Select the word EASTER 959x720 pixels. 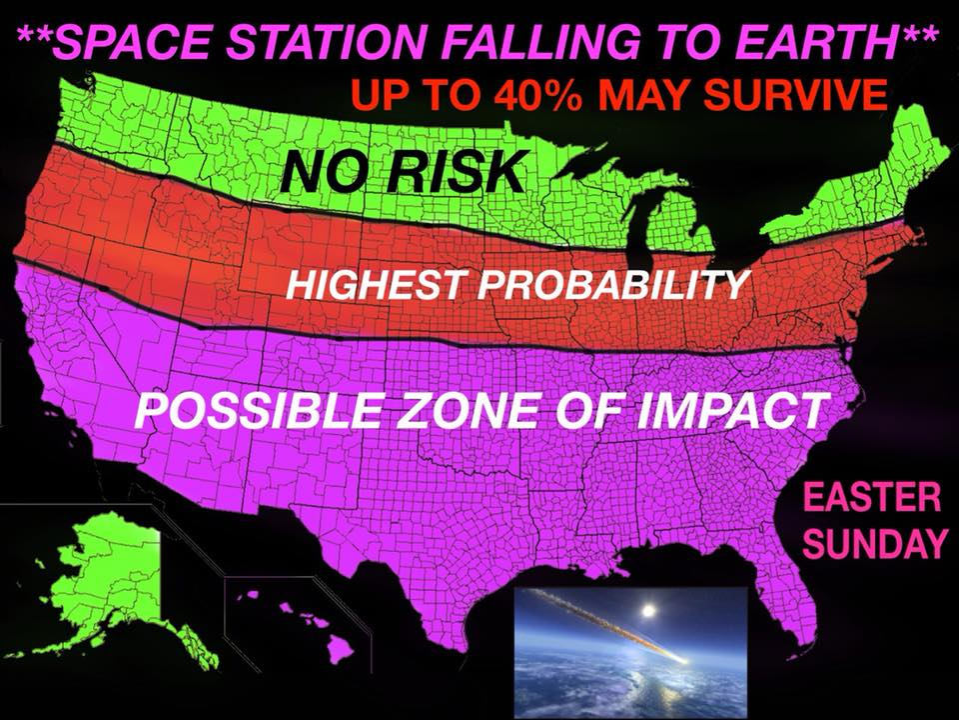(x=871, y=497)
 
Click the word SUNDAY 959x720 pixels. (x=871, y=542)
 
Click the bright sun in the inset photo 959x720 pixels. (x=649, y=610)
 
